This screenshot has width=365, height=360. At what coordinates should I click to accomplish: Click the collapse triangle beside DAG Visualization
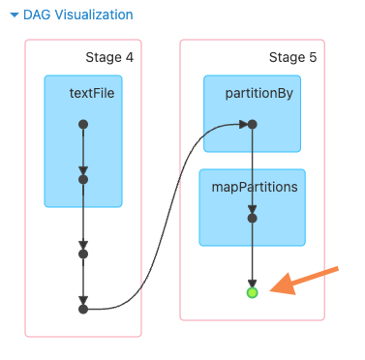tap(14, 15)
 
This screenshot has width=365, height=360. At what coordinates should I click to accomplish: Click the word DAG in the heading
tap(37, 15)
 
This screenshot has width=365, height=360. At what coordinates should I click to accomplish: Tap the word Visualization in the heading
tap(93, 15)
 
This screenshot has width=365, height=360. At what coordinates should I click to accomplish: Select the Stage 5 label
tap(292, 57)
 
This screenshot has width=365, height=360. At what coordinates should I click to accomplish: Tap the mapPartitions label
tap(254, 187)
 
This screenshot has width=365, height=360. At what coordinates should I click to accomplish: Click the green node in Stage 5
tap(252, 291)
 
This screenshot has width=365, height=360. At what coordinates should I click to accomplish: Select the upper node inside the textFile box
tap(83, 124)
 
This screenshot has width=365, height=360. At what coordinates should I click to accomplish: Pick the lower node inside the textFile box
tap(83, 179)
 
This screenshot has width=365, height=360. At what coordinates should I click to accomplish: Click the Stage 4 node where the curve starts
tap(83, 309)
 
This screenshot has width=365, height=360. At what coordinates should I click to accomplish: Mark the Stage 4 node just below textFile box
tap(83, 254)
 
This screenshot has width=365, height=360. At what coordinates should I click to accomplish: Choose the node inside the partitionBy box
tap(252, 124)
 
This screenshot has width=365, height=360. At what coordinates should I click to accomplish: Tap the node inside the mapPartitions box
tap(252, 218)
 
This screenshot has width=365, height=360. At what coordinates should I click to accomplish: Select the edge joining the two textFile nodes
tap(83, 150)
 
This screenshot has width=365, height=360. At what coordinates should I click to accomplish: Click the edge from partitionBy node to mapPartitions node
tap(252, 169)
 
